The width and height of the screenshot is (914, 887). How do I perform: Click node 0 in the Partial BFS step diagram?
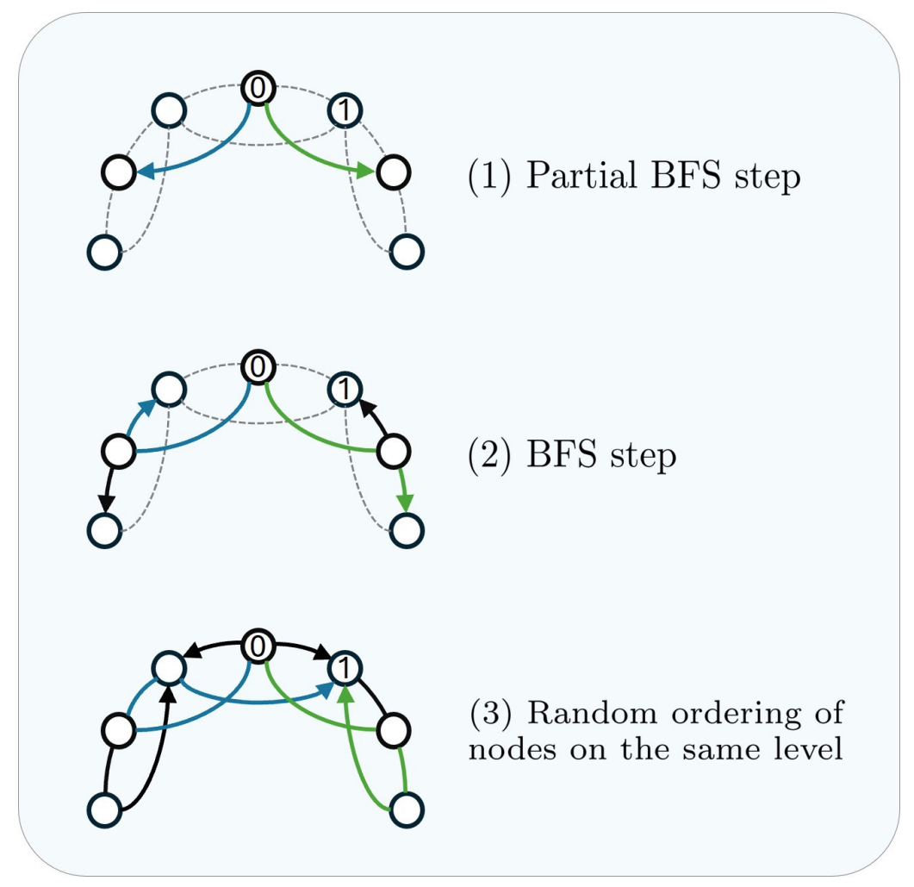pos(257,88)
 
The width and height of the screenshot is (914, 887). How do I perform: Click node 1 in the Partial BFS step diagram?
pos(345,110)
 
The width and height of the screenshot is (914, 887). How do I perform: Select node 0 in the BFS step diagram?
pos(257,367)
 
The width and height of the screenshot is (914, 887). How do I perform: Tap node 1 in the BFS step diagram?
pos(345,390)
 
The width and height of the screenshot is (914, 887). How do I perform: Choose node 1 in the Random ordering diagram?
pos(345,669)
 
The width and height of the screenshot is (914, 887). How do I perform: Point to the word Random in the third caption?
pos(583,715)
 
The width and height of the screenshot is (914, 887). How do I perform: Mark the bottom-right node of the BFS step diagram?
pos(407,529)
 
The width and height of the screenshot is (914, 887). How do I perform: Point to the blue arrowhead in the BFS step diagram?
pos(149,405)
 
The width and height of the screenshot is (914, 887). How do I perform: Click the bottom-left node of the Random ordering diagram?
pos(104,810)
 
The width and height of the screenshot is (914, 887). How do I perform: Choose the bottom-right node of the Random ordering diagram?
pos(407,809)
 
